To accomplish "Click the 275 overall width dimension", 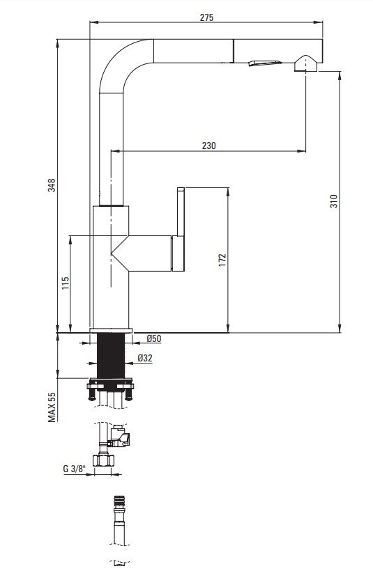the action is [x=206, y=17].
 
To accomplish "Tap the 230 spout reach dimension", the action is [x=209, y=146].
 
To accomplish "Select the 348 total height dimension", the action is [x=52, y=185].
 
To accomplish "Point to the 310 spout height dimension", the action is [x=333, y=201].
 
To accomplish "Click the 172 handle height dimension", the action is [x=222, y=260].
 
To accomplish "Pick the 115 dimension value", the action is [x=66, y=283].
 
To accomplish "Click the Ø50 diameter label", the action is [x=154, y=338].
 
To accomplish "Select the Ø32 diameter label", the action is [x=145, y=358].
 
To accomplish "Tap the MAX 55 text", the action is [x=52, y=407].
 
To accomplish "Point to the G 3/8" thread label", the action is [x=74, y=469].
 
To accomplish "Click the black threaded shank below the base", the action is [x=111, y=355].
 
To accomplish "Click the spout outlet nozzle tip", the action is [x=306, y=63].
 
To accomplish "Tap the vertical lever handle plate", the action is [x=181, y=212].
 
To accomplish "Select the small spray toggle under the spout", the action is [x=265, y=63].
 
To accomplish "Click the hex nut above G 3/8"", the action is [x=103, y=460].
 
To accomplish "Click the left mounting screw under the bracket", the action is [x=92, y=394].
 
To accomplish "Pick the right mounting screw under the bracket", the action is [x=129, y=394].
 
